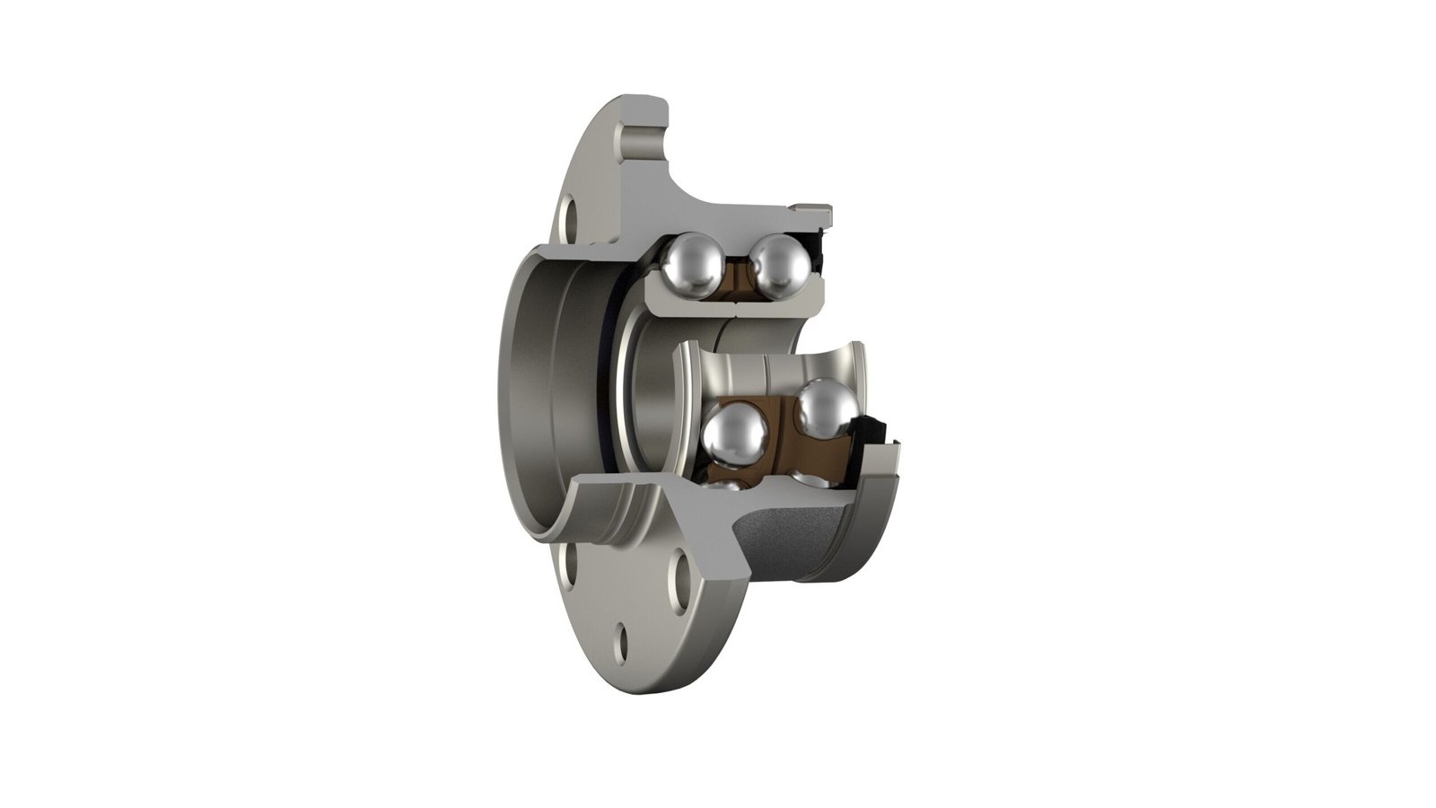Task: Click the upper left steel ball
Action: point(693,264)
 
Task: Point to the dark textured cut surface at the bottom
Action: point(790,539)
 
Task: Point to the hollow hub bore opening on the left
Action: point(538,395)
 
